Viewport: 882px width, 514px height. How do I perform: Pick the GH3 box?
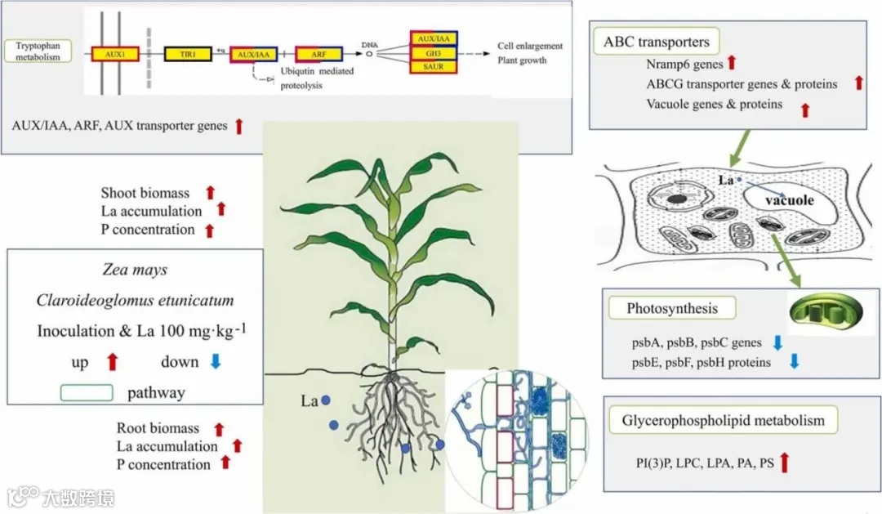click(x=433, y=52)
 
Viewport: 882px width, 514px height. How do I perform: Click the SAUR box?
click(x=433, y=66)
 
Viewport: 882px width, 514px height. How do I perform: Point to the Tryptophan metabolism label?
click(x=38, y=52)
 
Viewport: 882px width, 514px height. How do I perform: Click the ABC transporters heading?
click(x=656, y=42)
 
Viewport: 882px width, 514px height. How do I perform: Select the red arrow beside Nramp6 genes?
click(x=732, y=62)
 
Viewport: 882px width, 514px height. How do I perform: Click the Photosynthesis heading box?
click(x=672, y=309)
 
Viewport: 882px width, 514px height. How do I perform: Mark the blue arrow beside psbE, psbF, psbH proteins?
click(x=794, y=361)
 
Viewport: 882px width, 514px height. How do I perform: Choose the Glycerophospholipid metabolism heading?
click(x=724, y=421)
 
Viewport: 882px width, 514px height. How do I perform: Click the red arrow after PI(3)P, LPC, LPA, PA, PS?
click(x=785, y=463)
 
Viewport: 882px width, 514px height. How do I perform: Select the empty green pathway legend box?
click(x=87, y=393)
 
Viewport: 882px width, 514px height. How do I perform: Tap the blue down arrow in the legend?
click(x=215, y=362)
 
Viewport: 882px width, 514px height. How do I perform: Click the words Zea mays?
click(x=135, y=270)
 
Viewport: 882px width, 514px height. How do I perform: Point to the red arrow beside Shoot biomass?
click(x=210, y=193)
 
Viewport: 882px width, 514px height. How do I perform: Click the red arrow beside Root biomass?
click(x=219, y=428)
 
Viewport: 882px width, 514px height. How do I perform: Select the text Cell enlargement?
click(x=530, y=47)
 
